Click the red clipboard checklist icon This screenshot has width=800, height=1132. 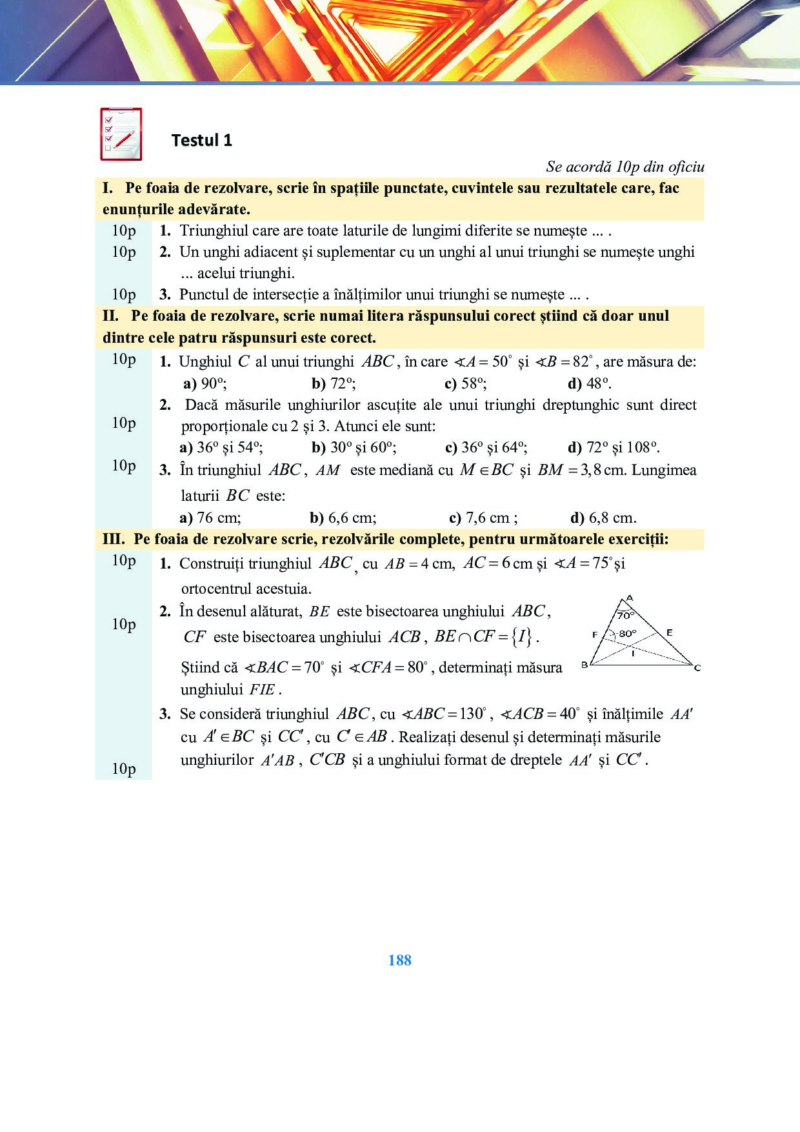click(121, 134)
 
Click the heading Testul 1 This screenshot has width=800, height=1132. click(201, 141)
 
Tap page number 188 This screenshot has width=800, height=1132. click(399, 960)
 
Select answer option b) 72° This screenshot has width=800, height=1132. click(334, 383)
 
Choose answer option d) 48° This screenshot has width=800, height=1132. click(589, 383)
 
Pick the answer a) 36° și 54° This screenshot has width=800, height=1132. click(221, 447)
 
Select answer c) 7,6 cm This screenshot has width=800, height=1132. click(483, 518)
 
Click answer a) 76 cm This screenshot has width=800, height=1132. click(210, 518)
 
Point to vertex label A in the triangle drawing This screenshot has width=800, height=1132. click(630, 598)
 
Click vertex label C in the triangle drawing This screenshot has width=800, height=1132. click(697, 668)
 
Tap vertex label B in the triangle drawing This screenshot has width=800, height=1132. click(585, 665)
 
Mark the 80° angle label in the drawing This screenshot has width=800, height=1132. click(627, 634)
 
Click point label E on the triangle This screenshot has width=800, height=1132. click(669, 632)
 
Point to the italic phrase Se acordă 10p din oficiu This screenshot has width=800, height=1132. click(625, 167)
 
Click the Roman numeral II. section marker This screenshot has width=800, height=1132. click(110, 316)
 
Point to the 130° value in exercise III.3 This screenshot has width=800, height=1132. click(472, 714)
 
